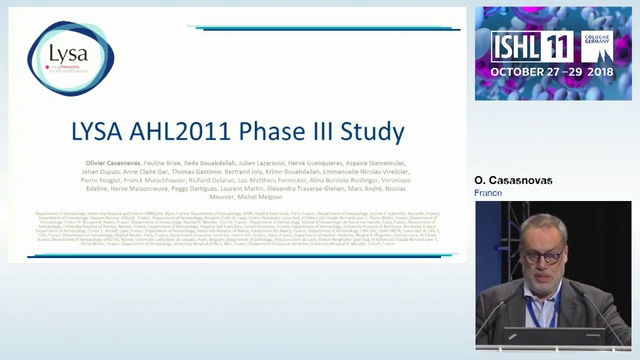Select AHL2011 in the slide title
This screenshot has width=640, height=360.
tap(198, 132)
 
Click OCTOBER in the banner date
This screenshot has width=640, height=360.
tap(519, 73)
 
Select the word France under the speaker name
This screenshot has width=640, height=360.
tap(488, 193)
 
